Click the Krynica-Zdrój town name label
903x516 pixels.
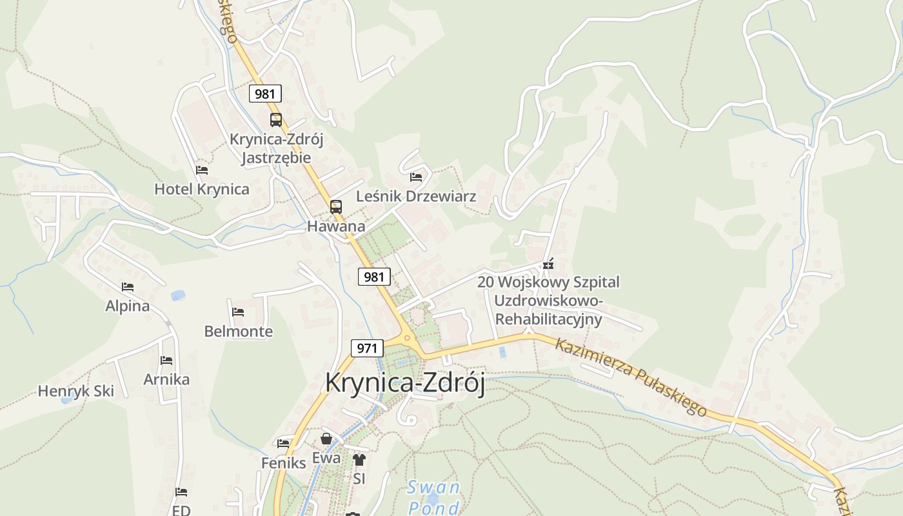[404, 382]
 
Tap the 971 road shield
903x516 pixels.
[367, 348]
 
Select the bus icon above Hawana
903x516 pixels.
[336, 207]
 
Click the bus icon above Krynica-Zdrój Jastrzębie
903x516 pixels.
[276, 119]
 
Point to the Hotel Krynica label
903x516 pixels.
[201, 189]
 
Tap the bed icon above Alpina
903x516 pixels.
[128, 287]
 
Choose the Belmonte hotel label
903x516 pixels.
[238, 332]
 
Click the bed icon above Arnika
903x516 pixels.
[166, 361]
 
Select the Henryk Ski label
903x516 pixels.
[75, 391]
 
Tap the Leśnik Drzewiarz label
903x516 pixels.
[416, 196]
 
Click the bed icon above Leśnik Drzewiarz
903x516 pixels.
[416, 177]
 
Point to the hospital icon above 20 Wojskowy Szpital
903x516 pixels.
[548, 264]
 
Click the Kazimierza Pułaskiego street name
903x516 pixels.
[631, 377]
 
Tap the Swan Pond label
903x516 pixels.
[433, 497]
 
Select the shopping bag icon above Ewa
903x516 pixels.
[326, 439]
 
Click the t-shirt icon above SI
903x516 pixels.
[359, 460]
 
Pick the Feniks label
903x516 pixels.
[283, 462]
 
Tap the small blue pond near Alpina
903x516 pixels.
[177, 295]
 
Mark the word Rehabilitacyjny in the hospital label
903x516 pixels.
[548, 319]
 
